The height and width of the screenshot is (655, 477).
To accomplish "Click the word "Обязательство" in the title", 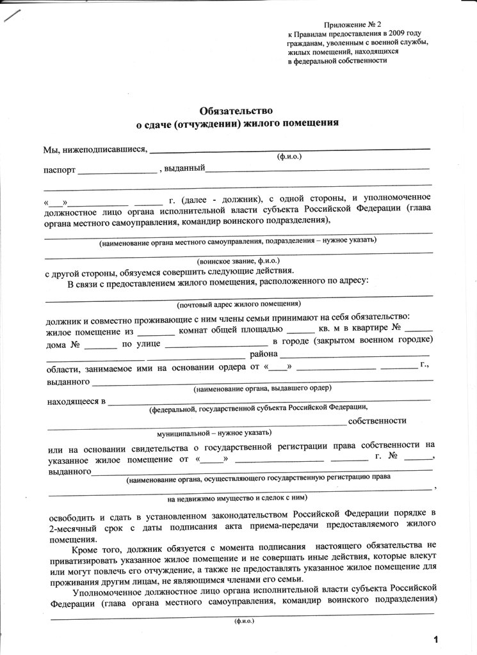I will (x=237, y=110).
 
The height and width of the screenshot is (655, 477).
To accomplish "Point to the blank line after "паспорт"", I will (x=117, y=172).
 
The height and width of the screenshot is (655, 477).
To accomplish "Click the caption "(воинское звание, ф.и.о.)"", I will (x=237, y=262).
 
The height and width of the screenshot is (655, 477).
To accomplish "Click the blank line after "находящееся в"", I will (x=269, y=402).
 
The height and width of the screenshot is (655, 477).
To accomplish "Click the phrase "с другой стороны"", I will (x=78, y=271).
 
